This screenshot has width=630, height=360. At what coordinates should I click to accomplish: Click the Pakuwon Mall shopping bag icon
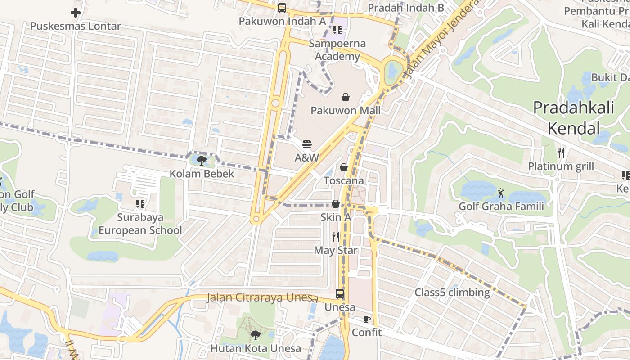pos(346,97)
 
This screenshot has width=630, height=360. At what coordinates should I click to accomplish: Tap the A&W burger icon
pos(307,144)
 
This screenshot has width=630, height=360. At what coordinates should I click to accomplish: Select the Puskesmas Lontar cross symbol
pos(76,13)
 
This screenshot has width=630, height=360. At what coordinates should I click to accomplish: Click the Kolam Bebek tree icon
pos(202,160)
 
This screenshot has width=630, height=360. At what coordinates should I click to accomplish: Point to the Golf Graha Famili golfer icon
pos(501,193)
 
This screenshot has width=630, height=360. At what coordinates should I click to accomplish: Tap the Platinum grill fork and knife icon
pos(561,153)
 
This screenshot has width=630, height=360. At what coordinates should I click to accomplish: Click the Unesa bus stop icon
pos(340,294)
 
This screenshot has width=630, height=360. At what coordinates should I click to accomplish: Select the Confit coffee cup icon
pos(367,319)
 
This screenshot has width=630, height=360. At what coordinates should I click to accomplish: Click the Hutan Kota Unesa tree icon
pos(256,335)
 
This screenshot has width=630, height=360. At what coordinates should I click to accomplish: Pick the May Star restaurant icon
pos(335,237)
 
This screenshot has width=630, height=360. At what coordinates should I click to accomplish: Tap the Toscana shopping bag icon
pos(344,167)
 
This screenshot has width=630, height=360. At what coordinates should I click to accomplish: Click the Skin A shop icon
pos(336,204)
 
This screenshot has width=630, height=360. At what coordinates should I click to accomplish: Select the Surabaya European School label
pos(140,224)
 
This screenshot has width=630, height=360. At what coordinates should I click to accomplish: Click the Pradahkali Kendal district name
pos(574,118)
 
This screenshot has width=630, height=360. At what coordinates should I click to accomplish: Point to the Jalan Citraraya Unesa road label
pos(262,298)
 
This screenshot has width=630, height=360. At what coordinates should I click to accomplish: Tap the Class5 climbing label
pos(452,292)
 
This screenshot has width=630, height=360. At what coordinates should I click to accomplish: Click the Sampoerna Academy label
pos(337,50)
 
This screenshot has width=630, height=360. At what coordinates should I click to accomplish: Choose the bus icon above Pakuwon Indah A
pos(282,8)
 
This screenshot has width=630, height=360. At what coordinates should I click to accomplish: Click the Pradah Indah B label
pos(406,8)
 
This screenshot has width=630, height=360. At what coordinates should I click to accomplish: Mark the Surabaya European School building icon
pos(140,204)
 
